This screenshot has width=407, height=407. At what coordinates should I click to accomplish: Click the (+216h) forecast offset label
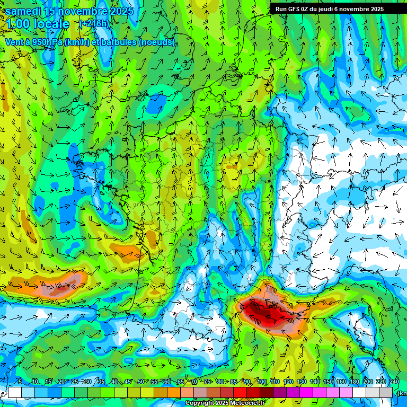point(94,24)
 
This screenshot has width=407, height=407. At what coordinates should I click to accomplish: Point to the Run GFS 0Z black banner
point(337,8)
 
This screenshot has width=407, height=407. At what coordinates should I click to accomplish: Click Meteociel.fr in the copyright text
point(250,403)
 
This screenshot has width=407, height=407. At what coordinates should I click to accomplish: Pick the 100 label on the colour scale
point(261,382)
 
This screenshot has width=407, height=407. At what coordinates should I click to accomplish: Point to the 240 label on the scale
point(394,382)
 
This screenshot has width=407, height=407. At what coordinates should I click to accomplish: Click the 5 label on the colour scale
point(20,382)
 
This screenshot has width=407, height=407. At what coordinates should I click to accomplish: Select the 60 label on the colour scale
point(167,382)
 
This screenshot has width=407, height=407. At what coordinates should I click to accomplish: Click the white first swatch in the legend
point(15,392)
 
